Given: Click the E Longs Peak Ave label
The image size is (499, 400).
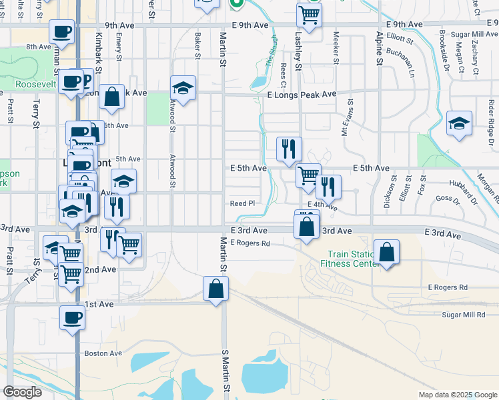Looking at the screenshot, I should pyautogui.click(x=292, y=94).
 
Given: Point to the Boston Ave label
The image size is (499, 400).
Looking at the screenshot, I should pyautogui.click(x=103, y=353).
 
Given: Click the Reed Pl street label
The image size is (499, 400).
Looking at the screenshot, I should pyautogui.click(x=242, y=203).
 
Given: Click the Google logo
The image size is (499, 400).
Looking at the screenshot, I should pyautogui.click(x=22, y=392).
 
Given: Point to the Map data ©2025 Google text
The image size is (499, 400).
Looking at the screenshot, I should pyautogui.click(x=458, y=395).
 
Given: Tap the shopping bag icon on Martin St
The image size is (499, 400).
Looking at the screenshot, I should pyautogui.click(x=215, y=289).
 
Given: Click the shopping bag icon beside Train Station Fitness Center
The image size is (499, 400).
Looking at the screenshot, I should pyautogui.click(x=386, y=252).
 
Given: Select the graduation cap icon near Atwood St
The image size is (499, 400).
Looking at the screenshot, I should pyautogui.click(x=183, y=88).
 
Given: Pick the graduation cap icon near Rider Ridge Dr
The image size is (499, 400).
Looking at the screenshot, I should pyautogui.click(x=459, y=123).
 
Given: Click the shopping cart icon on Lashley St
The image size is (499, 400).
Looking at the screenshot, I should pyautogui.click(x=309, y=14).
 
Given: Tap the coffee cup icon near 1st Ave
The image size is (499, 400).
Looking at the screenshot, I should pyautogui.click(x=72, y=317).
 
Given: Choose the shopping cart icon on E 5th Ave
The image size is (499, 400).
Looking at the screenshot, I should pyautogui.click(x=308, y=176).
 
